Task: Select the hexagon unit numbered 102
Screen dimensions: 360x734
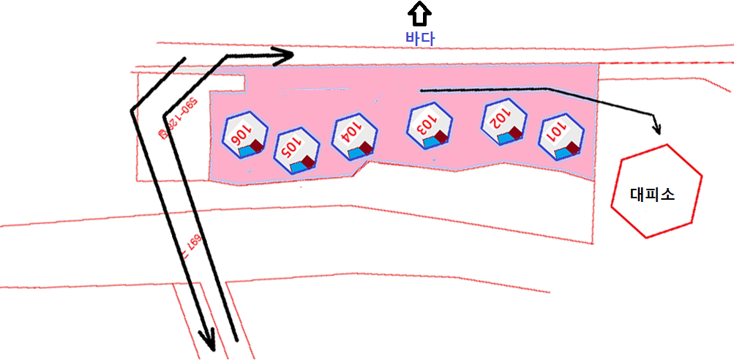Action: [x=503, y=120]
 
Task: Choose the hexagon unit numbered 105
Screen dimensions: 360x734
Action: [x=296, y=151]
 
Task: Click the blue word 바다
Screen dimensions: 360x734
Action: [x=420, y=39]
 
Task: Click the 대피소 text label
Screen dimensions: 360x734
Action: [x=652, y=195]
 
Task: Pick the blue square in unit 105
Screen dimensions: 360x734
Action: [x=297, y=167]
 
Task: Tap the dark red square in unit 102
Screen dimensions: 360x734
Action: [x=515, y=132]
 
